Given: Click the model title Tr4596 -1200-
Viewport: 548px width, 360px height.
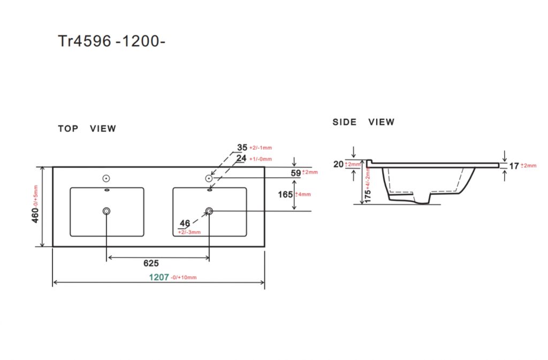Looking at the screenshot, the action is point(111,41).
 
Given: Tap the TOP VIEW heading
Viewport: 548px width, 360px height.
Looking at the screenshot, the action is point(87,128).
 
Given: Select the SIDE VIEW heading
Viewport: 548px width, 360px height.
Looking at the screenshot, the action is point(363,122).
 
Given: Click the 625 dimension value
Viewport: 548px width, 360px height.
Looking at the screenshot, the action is point(151,263).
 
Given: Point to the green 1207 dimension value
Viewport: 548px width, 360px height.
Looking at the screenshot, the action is point(159,277).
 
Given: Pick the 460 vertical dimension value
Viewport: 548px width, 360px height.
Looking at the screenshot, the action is point(35,215).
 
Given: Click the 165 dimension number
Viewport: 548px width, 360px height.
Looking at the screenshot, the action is point(285,195).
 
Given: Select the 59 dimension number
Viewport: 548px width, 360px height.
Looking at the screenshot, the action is point(295,173).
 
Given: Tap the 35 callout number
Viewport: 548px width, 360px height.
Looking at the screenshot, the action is point(242,148).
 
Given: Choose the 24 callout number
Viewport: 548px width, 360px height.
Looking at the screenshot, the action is point(241,158).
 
